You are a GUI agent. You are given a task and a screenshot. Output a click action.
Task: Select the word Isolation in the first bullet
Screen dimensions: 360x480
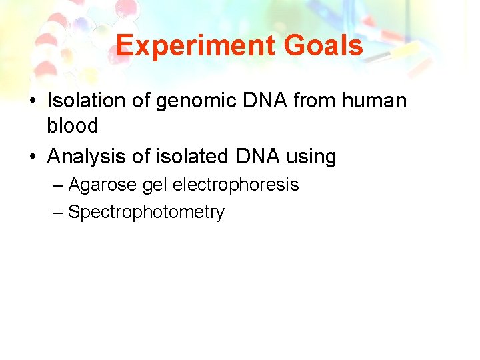tap(85, 101)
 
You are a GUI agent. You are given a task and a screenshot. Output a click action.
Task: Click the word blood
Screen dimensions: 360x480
tap(73, 125)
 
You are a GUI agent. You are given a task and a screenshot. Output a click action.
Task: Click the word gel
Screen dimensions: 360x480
tap(156, 185)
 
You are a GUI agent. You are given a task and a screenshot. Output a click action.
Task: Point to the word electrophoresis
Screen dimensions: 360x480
tap(236, 185)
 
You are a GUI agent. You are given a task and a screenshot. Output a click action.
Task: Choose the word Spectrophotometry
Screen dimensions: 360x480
tap(147, 213)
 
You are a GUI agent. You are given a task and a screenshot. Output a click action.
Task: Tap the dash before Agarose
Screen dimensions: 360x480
tap(58, 185)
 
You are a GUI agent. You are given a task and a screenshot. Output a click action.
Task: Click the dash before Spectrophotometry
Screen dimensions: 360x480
tap(58, 213)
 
